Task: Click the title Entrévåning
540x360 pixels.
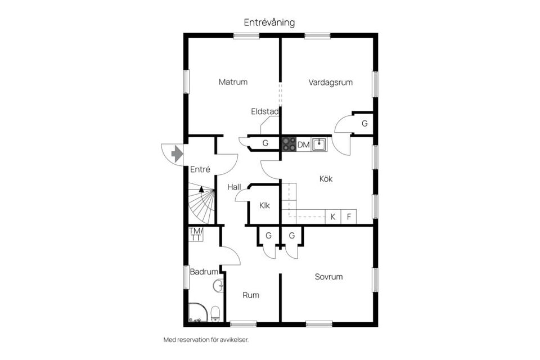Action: [269, 22]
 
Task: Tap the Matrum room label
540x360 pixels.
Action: [233, 82]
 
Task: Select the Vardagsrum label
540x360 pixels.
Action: [330, 83]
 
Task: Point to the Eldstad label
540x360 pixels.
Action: [264, 111]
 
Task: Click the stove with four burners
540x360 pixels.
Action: [289, 145]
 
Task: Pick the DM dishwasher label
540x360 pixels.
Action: [303, 145]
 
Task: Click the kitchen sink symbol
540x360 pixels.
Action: [319, 145]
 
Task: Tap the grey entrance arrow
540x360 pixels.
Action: [177, 154]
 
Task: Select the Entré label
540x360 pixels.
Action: [200, 169]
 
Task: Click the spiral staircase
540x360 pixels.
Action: [201, 203]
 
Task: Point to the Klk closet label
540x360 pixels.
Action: [264, 206]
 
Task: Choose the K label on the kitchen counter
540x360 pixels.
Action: [332, 217]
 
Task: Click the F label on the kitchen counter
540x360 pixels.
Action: [349, 217]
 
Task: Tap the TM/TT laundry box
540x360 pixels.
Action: [196, 234]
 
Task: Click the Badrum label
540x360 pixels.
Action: [204, 272]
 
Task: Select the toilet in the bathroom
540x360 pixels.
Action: [215, 313]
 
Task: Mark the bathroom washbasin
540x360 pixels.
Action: [218, 286]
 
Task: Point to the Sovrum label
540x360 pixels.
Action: [328, 277]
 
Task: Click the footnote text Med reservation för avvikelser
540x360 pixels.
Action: [206, 340]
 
